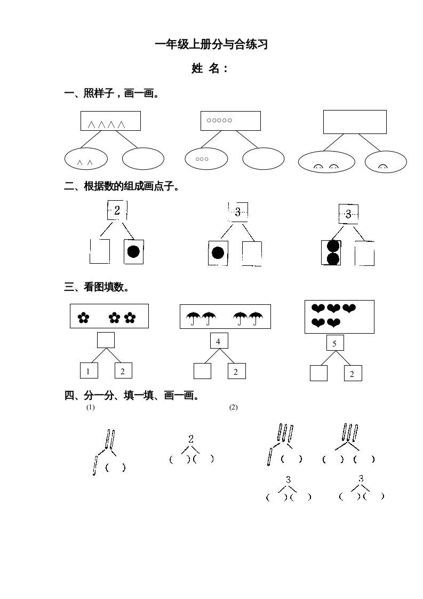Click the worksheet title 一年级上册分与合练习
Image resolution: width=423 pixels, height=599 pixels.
click(211, 45)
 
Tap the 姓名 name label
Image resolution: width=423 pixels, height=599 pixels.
click(210, 68)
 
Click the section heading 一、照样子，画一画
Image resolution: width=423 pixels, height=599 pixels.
click(111, 94)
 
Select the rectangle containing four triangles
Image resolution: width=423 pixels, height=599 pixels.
click(110, 121)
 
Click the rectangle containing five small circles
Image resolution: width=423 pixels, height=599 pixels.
click(230, 121)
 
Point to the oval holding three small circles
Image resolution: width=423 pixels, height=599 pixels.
click(206, 159)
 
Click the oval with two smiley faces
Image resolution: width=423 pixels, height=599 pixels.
click(326, 162)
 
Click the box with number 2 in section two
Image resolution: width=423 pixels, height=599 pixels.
click(117, 210)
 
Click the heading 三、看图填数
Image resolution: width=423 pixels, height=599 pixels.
click(97, 287)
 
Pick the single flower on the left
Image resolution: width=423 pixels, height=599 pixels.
click(83, 318)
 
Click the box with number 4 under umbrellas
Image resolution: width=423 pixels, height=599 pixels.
click(218, 341)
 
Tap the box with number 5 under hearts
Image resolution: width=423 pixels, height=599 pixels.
click(334, 343)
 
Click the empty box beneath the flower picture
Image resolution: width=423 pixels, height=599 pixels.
click(106, 340)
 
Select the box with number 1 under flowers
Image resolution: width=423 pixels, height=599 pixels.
click(89, 371)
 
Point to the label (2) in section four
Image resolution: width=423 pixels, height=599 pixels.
click(233, 407)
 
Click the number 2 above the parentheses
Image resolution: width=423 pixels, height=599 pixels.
click(191, 439)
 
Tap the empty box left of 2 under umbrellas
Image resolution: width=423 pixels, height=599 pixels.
click(202, 371)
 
